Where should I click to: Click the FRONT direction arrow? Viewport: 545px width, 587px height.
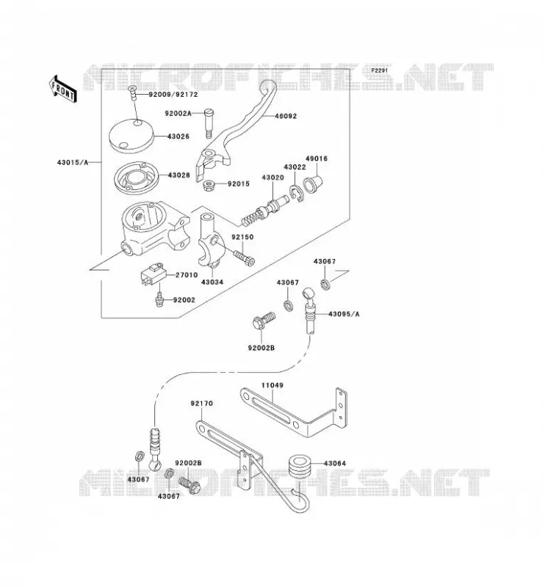tap(62, 89)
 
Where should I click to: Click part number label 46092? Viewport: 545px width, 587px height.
tap(286, 116)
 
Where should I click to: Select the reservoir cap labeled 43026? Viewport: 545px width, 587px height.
tap(131, 136)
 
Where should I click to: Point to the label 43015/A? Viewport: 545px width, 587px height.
tap(73, 162)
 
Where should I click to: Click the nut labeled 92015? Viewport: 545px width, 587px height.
tap(209, 185)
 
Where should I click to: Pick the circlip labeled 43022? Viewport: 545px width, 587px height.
tap(296, 194)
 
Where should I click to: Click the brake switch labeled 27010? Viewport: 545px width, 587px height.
tap(153, 274)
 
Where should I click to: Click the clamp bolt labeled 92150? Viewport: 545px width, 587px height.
tap(244, 258)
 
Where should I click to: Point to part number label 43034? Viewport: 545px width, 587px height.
tap(212, 282)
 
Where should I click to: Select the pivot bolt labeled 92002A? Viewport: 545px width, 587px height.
tap(209, 123)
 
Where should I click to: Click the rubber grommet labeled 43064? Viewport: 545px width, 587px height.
tap(299, 465)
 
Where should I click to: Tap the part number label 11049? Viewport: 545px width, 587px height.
tap(272, 385)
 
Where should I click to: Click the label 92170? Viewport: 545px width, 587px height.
tap(202, 404)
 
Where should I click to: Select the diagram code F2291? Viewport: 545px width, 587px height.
tap(380, 70)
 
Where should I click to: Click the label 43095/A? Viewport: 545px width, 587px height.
tap(344, 314)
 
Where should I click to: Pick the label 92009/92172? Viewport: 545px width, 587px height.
tap(173, 95)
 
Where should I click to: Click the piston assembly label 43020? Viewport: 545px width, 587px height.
tap(273, 178)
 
